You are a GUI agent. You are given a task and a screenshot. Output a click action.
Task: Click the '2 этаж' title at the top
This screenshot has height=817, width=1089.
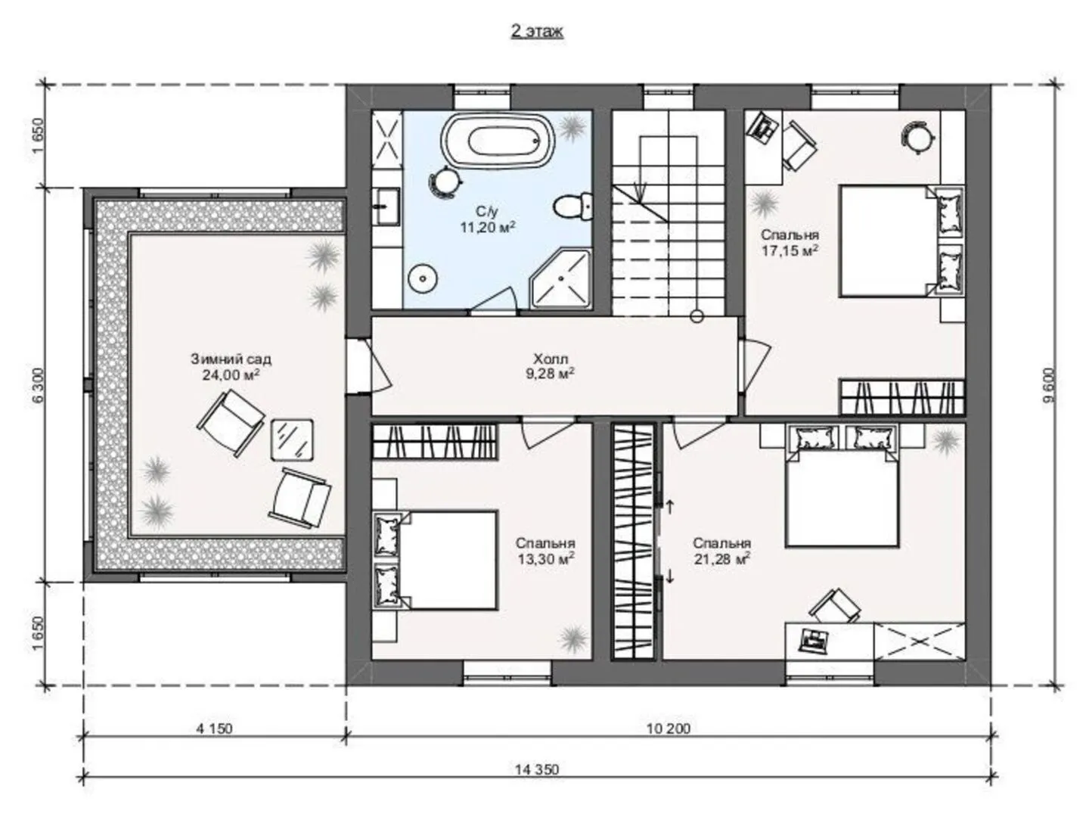pyautogui.click(x=537, y=31)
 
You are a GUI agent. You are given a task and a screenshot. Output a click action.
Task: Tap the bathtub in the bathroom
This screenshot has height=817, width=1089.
pyautogui.click(x=497, y=141)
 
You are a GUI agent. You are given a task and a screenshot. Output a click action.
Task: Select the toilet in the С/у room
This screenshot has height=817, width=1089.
pyautogui.click(x=573, y=207)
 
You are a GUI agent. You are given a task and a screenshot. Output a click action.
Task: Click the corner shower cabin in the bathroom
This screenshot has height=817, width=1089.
pyautogui.click(x=561, y=279)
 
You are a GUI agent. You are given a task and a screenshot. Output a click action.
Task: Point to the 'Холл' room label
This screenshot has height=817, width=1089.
pyautogui.click(x=551, y=358)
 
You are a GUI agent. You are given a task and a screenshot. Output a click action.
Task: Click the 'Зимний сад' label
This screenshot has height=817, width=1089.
pyautogui.click(x=231, y=359)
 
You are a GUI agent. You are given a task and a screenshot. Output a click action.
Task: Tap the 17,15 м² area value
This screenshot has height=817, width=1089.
pyautogui.click(x=790, y=250)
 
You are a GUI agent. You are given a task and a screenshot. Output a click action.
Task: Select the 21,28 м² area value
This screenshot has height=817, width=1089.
pyautogui.click(x=722, y=559)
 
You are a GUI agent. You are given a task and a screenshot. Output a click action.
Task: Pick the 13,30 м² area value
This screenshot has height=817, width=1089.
pyautogui.click(x=546, y=559)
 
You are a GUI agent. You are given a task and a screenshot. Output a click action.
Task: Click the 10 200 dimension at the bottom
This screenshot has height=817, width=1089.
pyautogui.click(x=669, y=728)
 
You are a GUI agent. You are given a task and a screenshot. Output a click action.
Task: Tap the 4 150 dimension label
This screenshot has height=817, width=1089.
pyautogui.click(x=214, y=728)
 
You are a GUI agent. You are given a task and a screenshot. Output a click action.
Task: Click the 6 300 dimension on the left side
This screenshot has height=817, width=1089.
pyautogui.click(x=39, y=385)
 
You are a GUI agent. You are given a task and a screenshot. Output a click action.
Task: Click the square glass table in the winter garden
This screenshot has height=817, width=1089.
pyautogui.click(x=292, y=440)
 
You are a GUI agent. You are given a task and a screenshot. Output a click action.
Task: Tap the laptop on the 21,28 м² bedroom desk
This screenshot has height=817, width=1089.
pyautogui.click(x=814, y=640)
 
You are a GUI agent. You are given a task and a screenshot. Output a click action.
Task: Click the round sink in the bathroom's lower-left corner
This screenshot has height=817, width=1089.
pyautogui.click(x=422, y=278)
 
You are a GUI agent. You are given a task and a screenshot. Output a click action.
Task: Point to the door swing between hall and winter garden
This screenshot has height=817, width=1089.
pyautogui.click(x=380, y=365)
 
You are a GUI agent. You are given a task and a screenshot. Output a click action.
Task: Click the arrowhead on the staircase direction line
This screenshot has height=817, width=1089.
pyautogui.click(x=641, y=190)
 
